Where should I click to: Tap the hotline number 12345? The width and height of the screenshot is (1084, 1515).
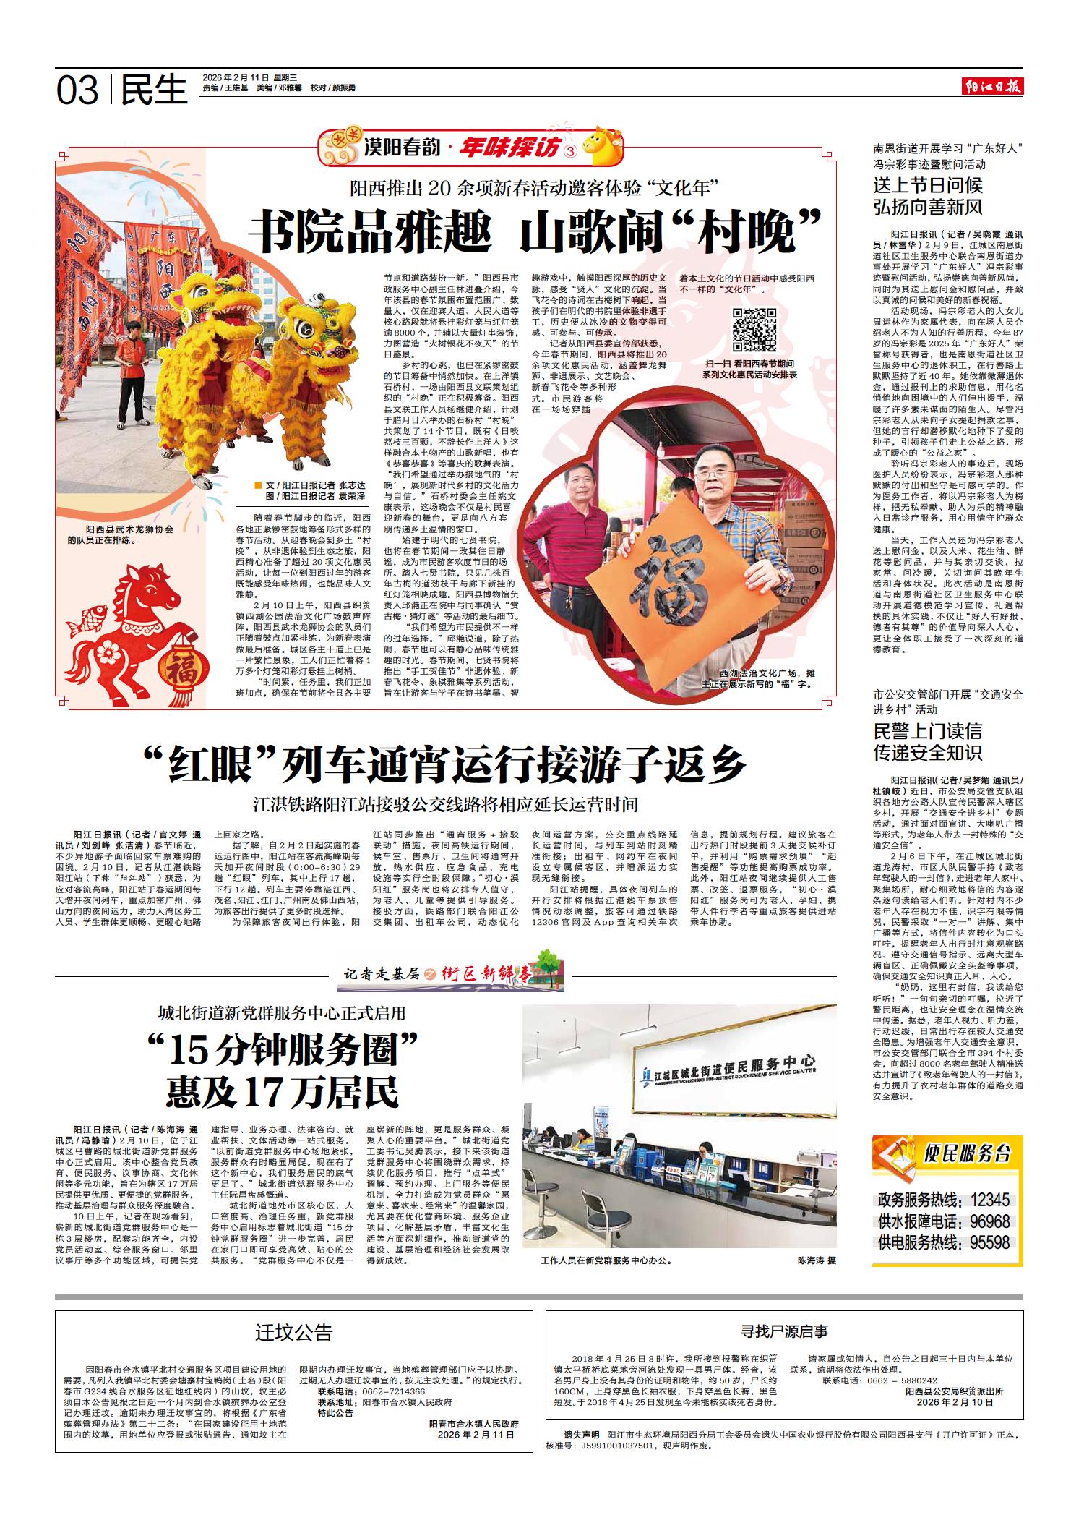click(x=989, y=1200)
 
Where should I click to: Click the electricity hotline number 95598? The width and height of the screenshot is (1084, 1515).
click(x=989, y=1243)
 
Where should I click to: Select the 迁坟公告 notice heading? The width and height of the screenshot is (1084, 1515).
click(x=294, y=1333)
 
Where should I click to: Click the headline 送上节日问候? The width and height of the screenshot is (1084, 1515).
click(x=928, y=185)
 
